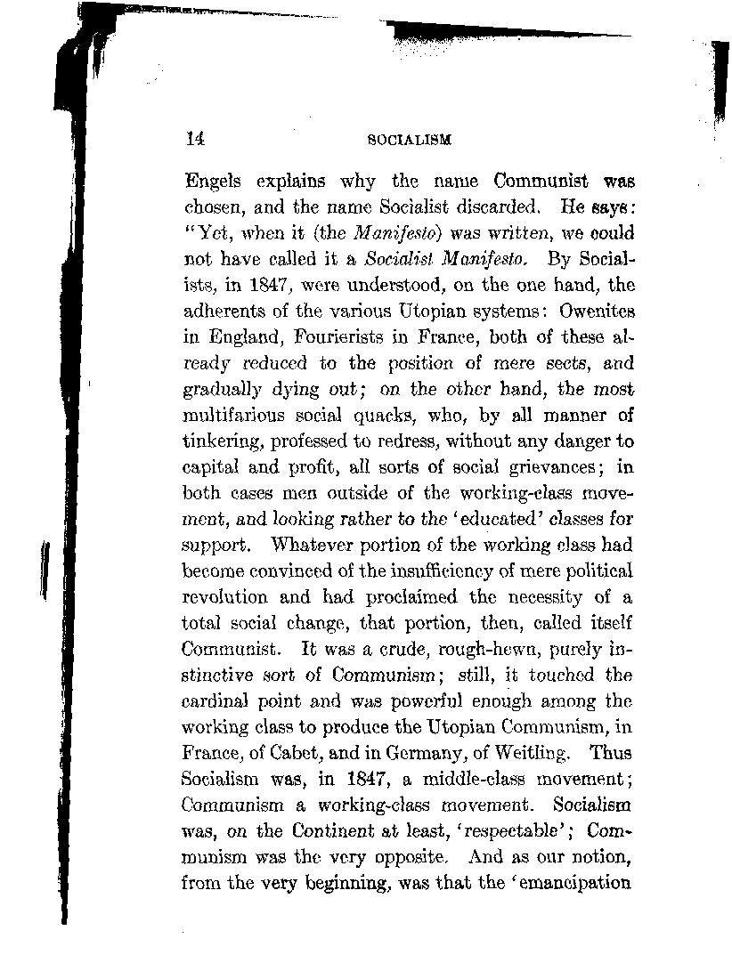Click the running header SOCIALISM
pyautogui.click(x=410, y=140)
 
